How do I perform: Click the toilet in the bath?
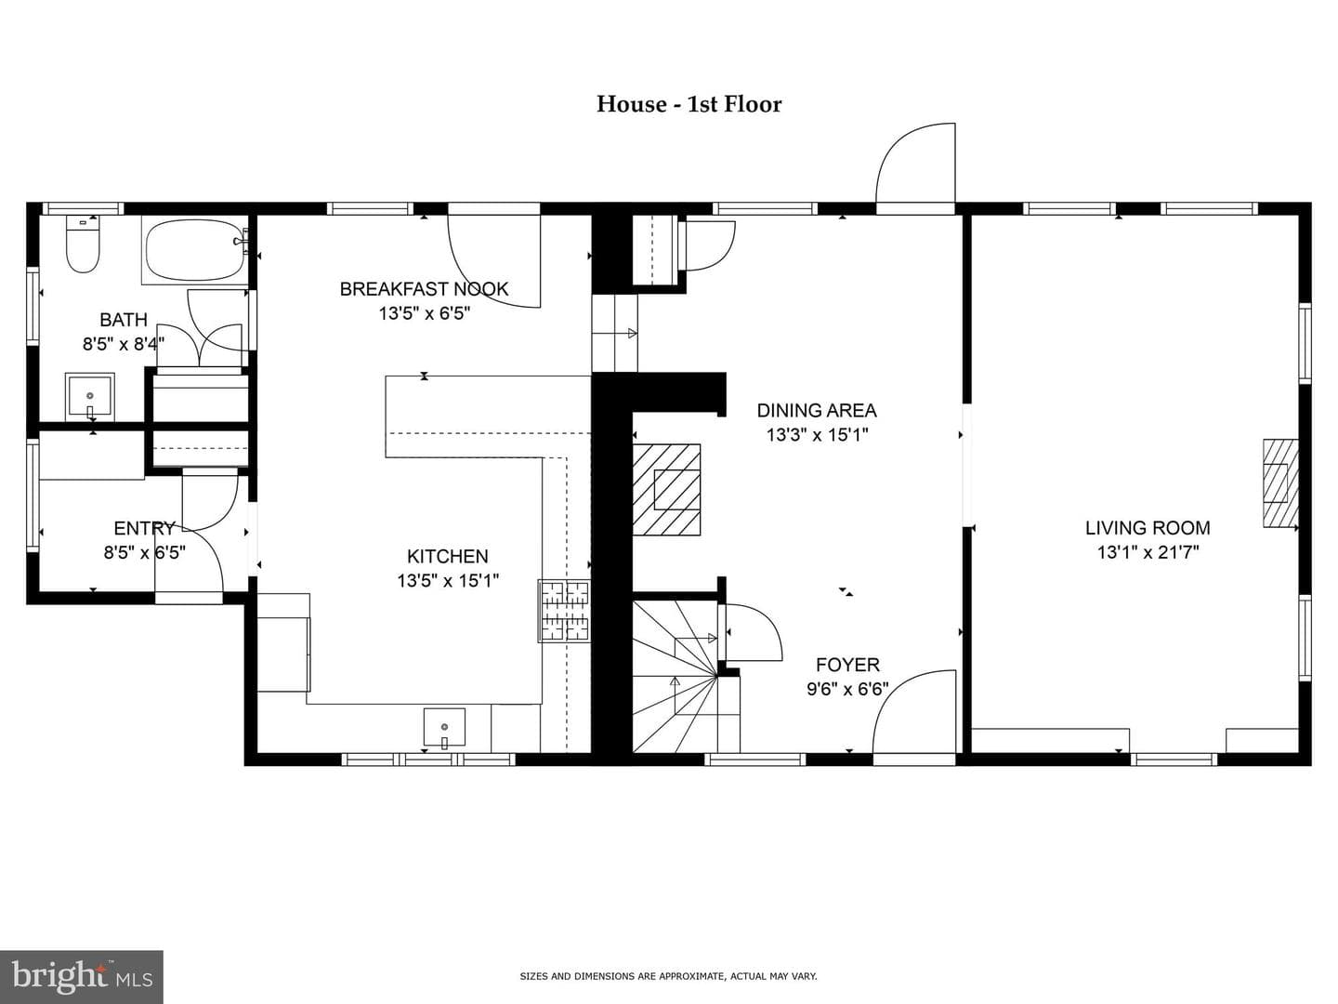[83, 244]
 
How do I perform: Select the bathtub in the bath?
[195, 250]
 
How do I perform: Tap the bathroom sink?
[89, 396]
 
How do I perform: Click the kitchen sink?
[444, 727]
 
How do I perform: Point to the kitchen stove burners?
[564, 611]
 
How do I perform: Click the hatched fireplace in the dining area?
[666, 490]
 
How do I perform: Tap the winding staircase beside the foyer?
[686, 677]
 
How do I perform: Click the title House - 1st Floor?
[689, 104]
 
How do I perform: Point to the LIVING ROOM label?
[1148, 528]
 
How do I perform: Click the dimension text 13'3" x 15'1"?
[817, 435]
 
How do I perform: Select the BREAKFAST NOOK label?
[425, 289]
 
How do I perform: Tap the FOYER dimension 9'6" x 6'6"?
[848, 689]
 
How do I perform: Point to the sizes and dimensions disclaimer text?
[668, 976]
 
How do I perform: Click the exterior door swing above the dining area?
[915, 164]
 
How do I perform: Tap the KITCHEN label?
[448, 557]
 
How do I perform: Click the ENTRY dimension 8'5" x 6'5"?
[144, 553]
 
